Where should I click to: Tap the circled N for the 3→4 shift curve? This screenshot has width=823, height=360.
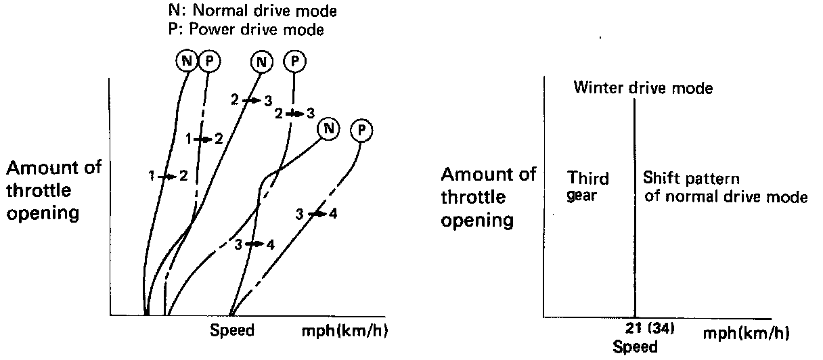pyautogui.click(x=328, y=128)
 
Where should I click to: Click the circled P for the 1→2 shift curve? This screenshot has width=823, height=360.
pyautogui.click(x=210, y=62)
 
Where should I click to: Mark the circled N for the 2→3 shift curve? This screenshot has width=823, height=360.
pyautogui.click(x=261, y=62)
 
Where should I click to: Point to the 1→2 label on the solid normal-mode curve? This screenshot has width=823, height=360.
pyautogui.click(x=169, y=176)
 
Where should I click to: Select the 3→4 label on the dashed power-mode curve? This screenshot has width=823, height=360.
pyautogui.click(x=316, y=215)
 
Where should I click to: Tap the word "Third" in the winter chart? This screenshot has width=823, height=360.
pyautogui.click(x=587, y=179)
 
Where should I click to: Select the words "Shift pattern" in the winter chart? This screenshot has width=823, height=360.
pyautogui.click(x=690, y=180)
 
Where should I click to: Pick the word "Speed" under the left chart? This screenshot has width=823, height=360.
pyautogui.click(x=232, y=331)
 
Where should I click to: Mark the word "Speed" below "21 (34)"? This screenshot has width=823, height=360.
pyautogui.click(x=634, y=347)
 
